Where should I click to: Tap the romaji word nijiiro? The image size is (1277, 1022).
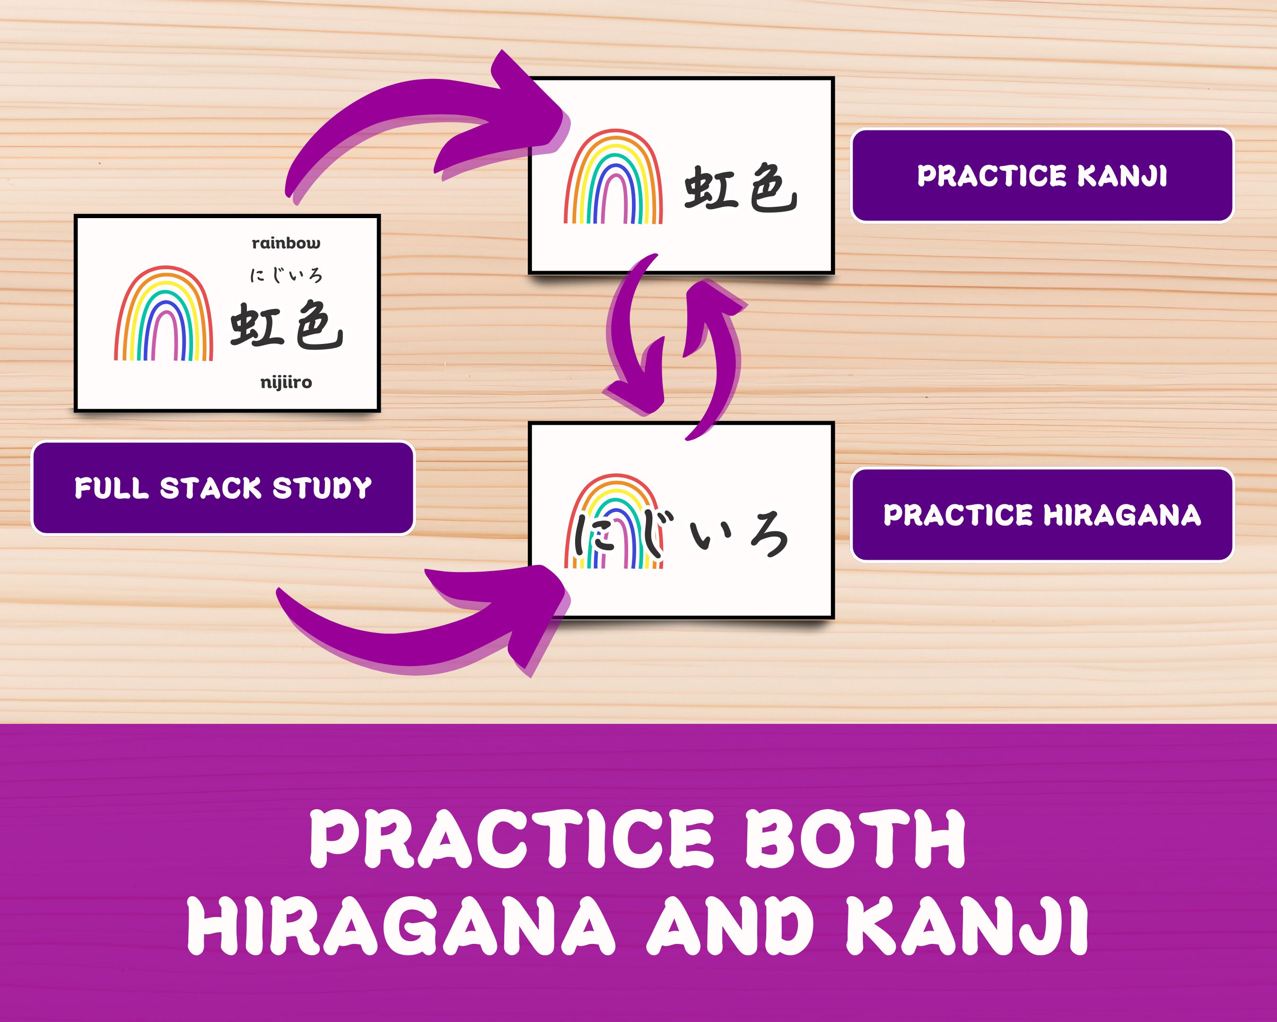tap(286, 382)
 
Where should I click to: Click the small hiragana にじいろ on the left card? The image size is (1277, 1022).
tap(286, 275)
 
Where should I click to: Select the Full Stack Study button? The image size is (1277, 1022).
tap(223, 488)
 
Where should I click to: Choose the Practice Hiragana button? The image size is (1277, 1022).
tap(1042, 515)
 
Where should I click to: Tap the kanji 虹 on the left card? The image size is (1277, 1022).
tap(256, 324)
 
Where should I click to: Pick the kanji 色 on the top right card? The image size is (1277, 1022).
tap(773, 188)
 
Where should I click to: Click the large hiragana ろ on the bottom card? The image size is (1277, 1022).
tap(768, 536)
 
